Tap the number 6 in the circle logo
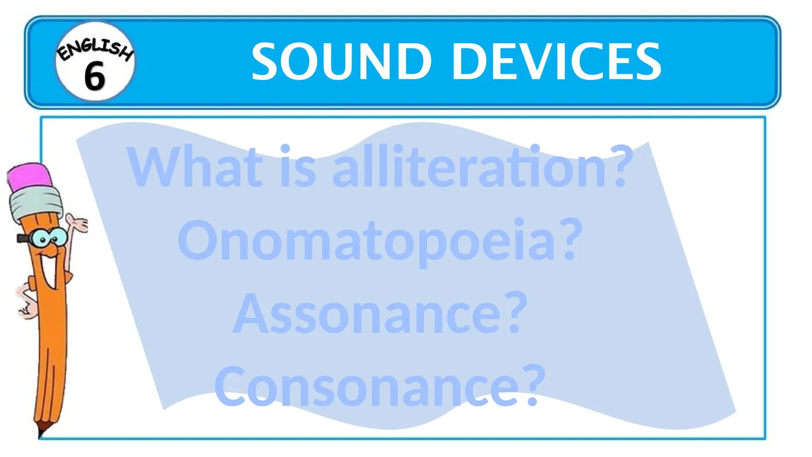pyautogui.click(x=94, y=76)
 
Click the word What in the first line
pyautogui.click(x=194, y=167)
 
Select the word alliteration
pyautogui.click(x=468, y=167)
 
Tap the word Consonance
pyautogui.click(x=367, y=387)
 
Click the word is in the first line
pyautogui.click(x=297, y=167)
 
